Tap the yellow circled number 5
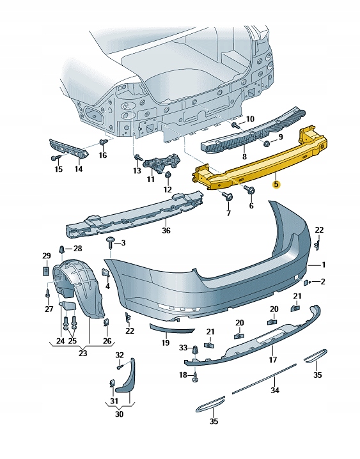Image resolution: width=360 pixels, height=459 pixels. pos(276,184)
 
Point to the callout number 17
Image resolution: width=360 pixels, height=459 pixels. pos(272,360)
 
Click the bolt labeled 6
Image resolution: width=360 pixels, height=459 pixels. pos(249,190)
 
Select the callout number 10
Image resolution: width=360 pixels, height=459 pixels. pos(250,119)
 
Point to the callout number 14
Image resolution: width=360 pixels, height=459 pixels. pos(78,169)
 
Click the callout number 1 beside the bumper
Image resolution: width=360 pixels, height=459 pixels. pos(324,265)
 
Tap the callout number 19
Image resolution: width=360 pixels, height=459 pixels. pos(165,343)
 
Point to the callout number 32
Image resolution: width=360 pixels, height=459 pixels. pos(120,355)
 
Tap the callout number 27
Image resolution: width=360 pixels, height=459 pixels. pos(49,309)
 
